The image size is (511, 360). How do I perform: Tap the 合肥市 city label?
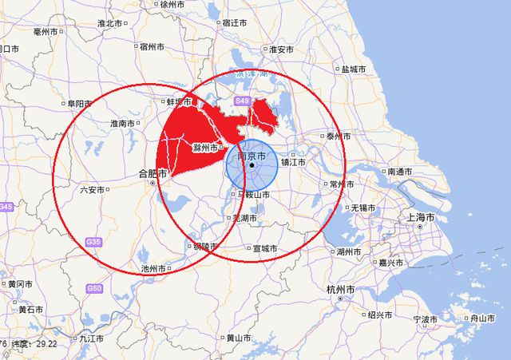coord(153,172)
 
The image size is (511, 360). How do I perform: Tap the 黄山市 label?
coord(239,338)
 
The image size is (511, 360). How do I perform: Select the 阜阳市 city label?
coord(81,104)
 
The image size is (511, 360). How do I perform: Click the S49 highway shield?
coord(243,101)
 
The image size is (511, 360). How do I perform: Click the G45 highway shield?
coord(6,208)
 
